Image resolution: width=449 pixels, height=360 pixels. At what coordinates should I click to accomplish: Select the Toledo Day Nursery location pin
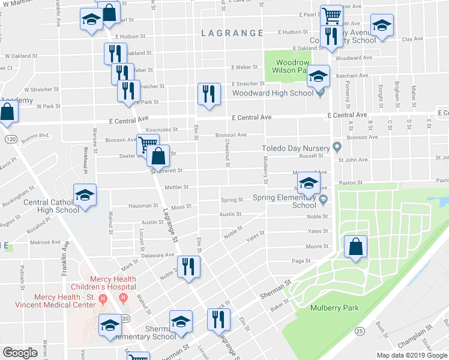[337, 148]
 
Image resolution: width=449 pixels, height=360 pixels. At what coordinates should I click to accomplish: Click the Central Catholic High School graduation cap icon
[85, 195]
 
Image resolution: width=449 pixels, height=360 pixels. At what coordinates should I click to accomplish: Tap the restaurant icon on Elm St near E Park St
[208, 94]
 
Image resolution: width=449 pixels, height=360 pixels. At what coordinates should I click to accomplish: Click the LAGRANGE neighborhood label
[232, 33]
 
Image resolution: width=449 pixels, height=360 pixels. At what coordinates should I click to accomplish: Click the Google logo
[20, 352]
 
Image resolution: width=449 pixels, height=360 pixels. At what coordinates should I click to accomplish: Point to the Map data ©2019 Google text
[412, 355]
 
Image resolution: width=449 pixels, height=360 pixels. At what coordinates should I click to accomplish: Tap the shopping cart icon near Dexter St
[147, 144]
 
